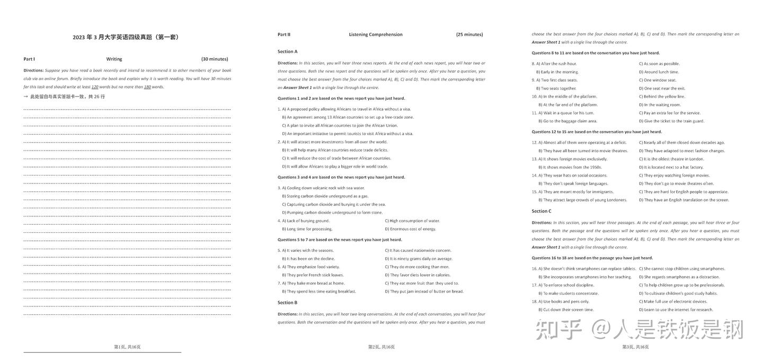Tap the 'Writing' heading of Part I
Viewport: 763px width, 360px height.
(114, 59)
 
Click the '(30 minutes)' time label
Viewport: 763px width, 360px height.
(215, 59)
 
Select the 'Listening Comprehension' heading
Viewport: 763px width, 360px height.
(376, 34)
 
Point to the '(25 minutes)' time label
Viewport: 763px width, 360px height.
(469, 34)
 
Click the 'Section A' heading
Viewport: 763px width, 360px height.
(288, 51)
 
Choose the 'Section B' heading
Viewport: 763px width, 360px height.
(288, 303)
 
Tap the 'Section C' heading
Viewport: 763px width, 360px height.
(542, 211)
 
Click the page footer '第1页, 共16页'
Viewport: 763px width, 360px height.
(127, 347)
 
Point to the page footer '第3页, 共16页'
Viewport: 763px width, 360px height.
(635, 347)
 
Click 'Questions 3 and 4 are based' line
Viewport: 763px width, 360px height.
(341, 177)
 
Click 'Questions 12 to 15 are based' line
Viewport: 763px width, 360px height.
(597, 131)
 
